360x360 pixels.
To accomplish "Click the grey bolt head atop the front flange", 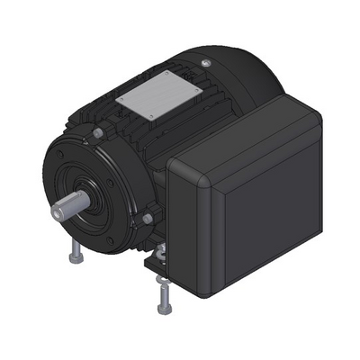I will (96, 133).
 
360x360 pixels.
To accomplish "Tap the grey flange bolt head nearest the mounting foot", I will (145, 219).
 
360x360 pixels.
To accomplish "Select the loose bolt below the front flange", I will (73, 255).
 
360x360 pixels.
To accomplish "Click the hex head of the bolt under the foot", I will (164, 305).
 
